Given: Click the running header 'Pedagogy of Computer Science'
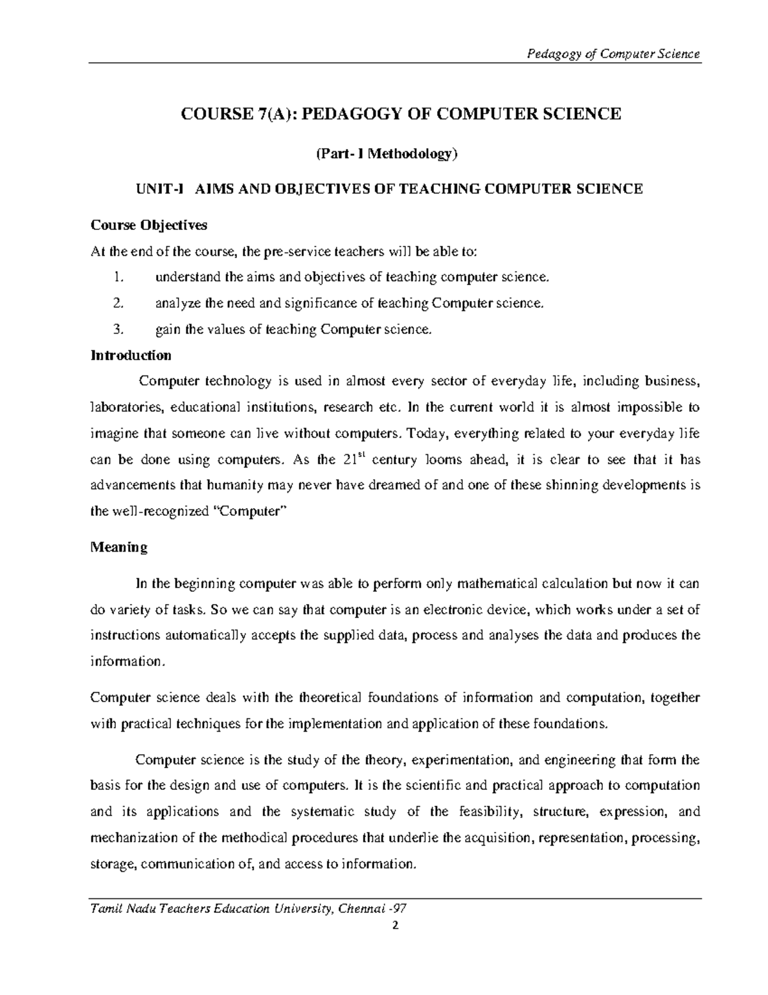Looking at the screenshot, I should click(612, 54).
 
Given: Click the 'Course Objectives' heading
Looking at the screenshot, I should click(148, 226).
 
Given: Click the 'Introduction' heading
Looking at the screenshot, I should click(131, 356).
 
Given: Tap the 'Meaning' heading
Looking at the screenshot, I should click(119, 548).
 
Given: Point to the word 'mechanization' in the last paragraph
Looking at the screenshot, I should click(130, 838).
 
